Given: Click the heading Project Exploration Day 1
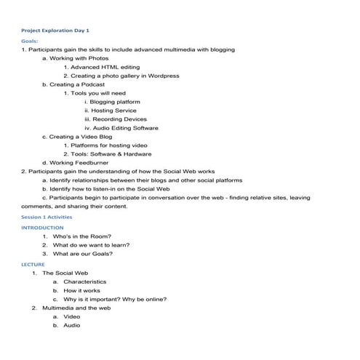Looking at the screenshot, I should pos(55,31).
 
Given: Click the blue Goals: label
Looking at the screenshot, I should pos(30,41).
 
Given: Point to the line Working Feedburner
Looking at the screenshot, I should pos(76,163).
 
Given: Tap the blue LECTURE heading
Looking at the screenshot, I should pos(33,264).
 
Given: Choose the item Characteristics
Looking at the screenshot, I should pos(84,281).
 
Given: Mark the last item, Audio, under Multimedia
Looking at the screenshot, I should pos(71,325).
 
